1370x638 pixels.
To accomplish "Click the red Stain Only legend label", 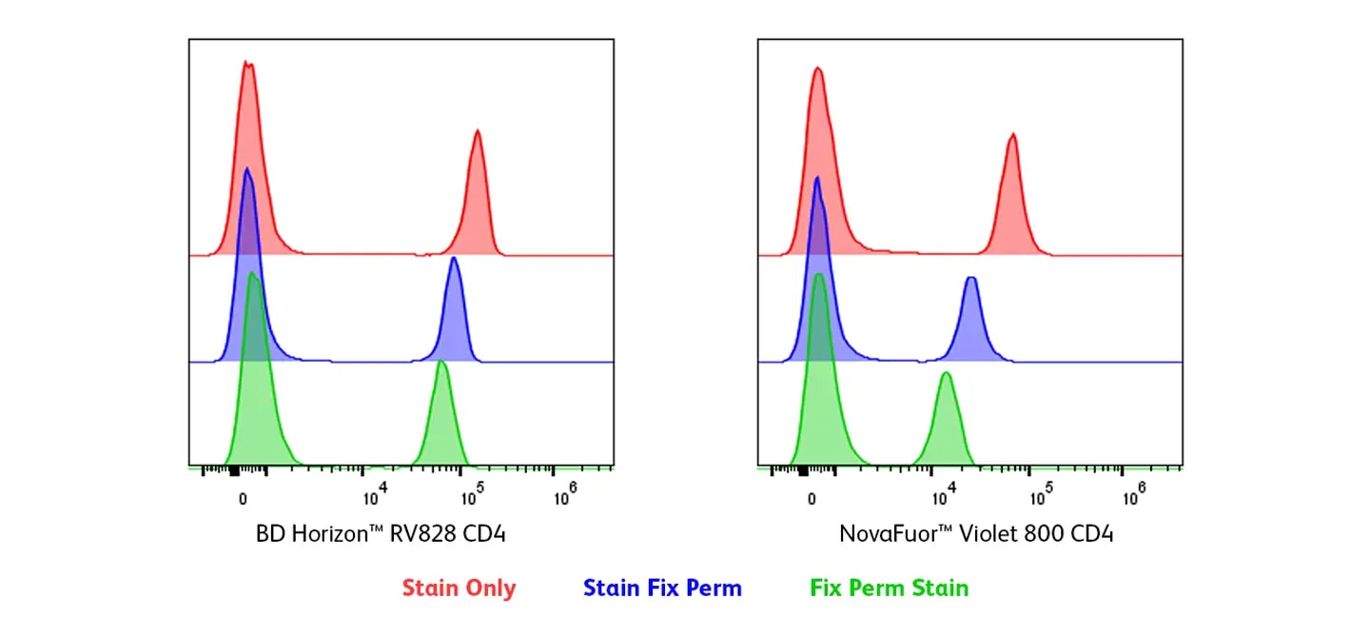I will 459,588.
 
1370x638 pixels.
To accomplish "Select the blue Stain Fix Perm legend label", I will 662,588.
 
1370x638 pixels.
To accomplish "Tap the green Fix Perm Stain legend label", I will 889,588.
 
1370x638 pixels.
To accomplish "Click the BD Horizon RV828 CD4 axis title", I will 381,533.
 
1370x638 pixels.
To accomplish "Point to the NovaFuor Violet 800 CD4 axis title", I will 976,533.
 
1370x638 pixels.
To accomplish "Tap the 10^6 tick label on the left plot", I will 565,494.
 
